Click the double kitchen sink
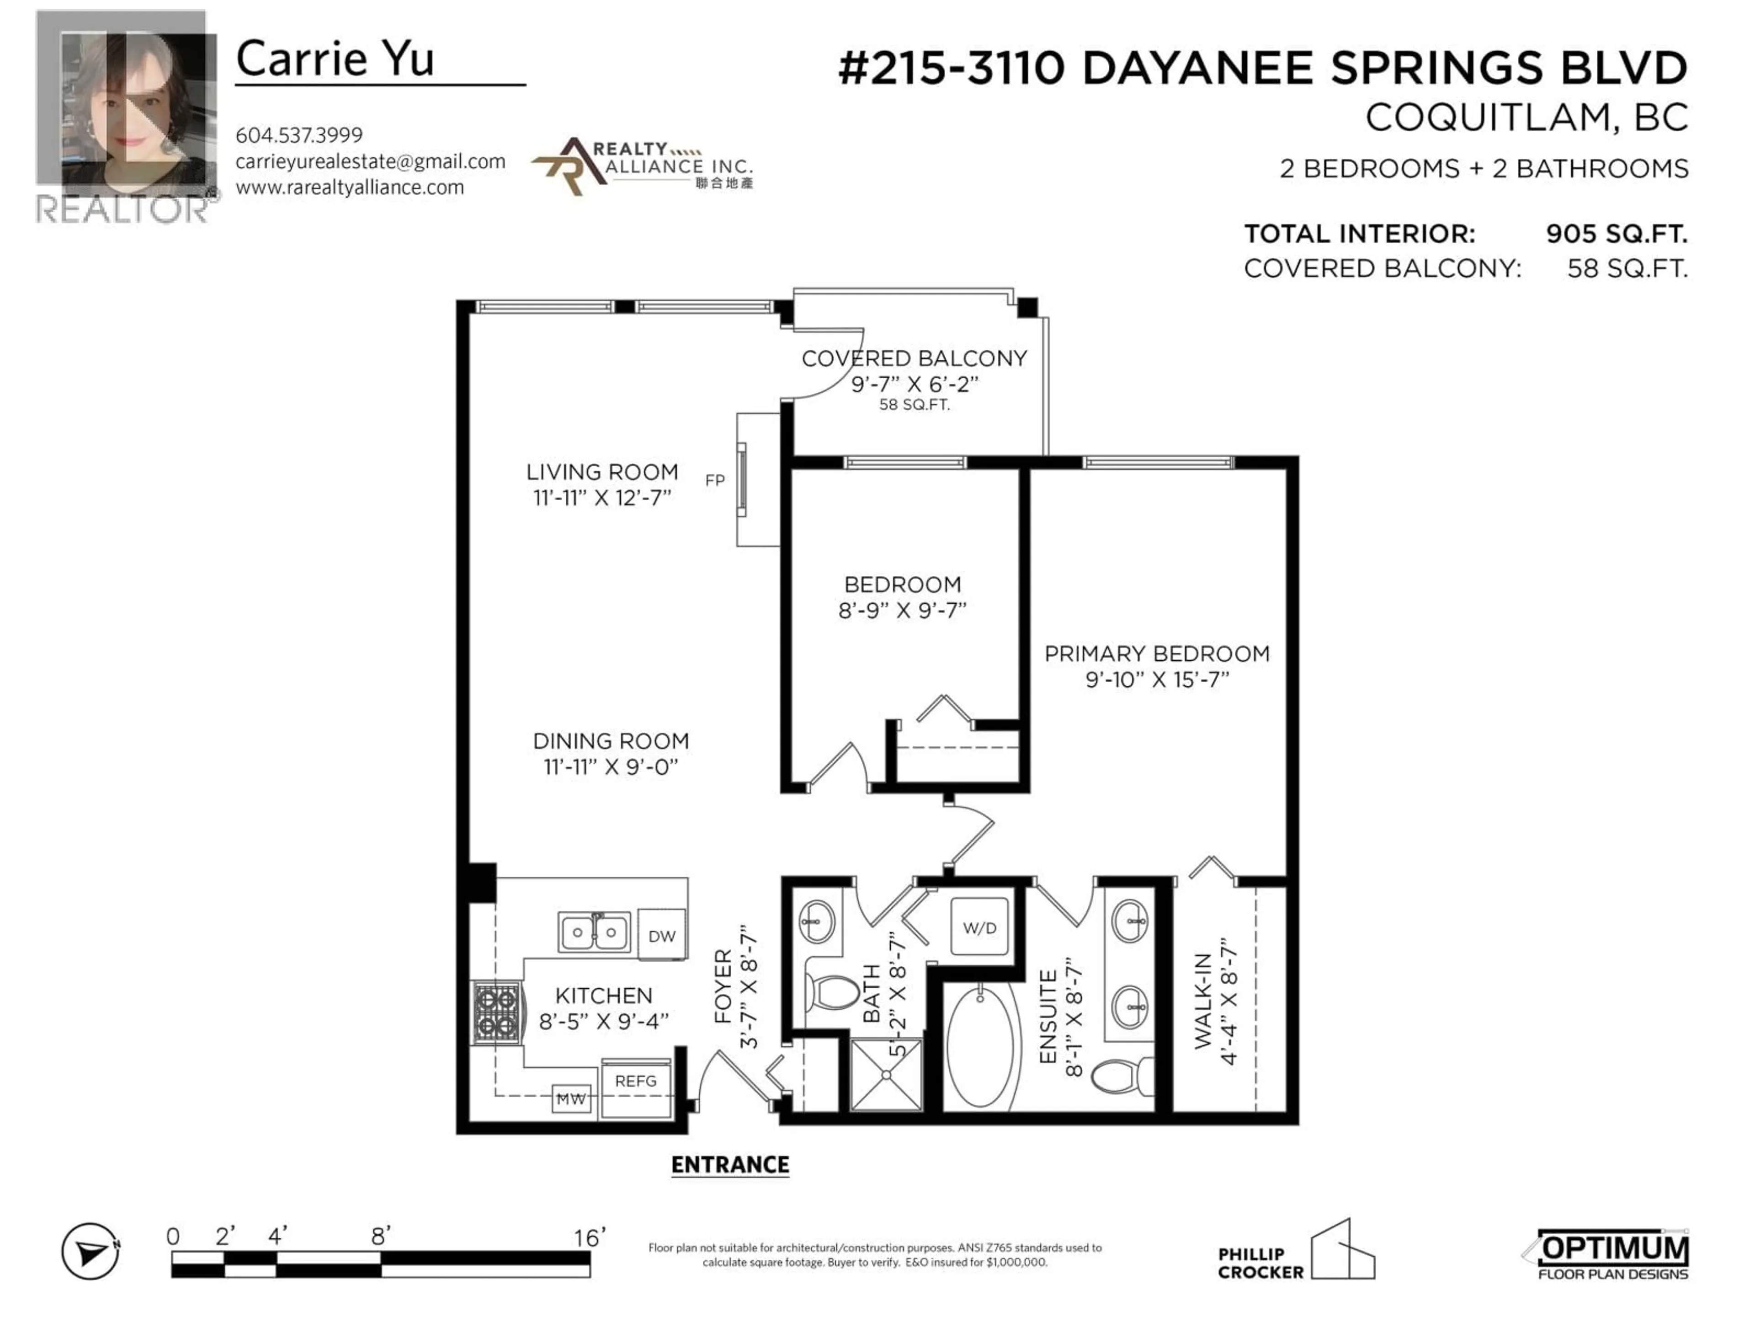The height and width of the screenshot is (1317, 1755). (x=594, y=932)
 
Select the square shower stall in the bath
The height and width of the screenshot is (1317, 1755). (x=886, y=1074)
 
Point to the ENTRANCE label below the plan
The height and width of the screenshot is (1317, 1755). (x=730, y=1165)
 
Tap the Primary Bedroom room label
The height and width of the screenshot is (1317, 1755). (x=1156, y=653)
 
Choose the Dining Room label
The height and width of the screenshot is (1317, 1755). (x=610, y=741)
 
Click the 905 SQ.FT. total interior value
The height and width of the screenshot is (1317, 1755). (x=1616, y=234)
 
